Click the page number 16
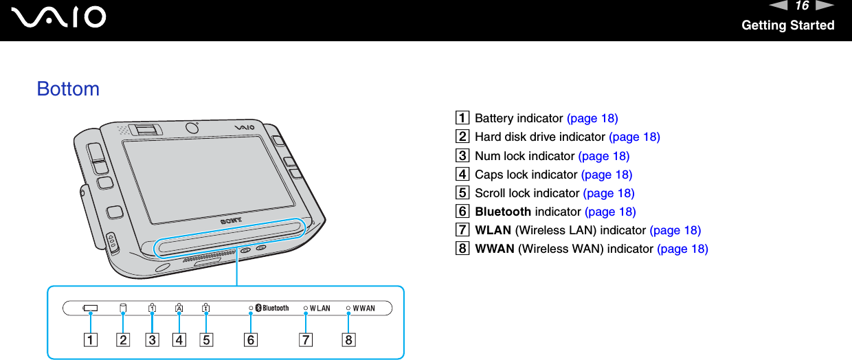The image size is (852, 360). click(801, 6)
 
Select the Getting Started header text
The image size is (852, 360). click(787, 25)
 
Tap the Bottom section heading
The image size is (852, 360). click(68, 89)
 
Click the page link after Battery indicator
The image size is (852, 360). click(592, 118)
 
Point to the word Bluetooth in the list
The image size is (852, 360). click(503, 212)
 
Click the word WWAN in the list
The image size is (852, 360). click(495, 249)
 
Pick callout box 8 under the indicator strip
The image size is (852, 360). click(348, 339)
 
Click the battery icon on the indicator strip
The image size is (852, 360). click(90, 308)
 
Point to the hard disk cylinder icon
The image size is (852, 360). click(124, 308)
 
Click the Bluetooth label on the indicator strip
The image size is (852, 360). click(275, 308)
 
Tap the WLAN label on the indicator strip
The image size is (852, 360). click(319, 308)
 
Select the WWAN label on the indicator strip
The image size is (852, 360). click(363, 308)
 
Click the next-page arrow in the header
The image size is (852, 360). click(825, 6)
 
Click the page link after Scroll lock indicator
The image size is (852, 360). click(609, 193)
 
